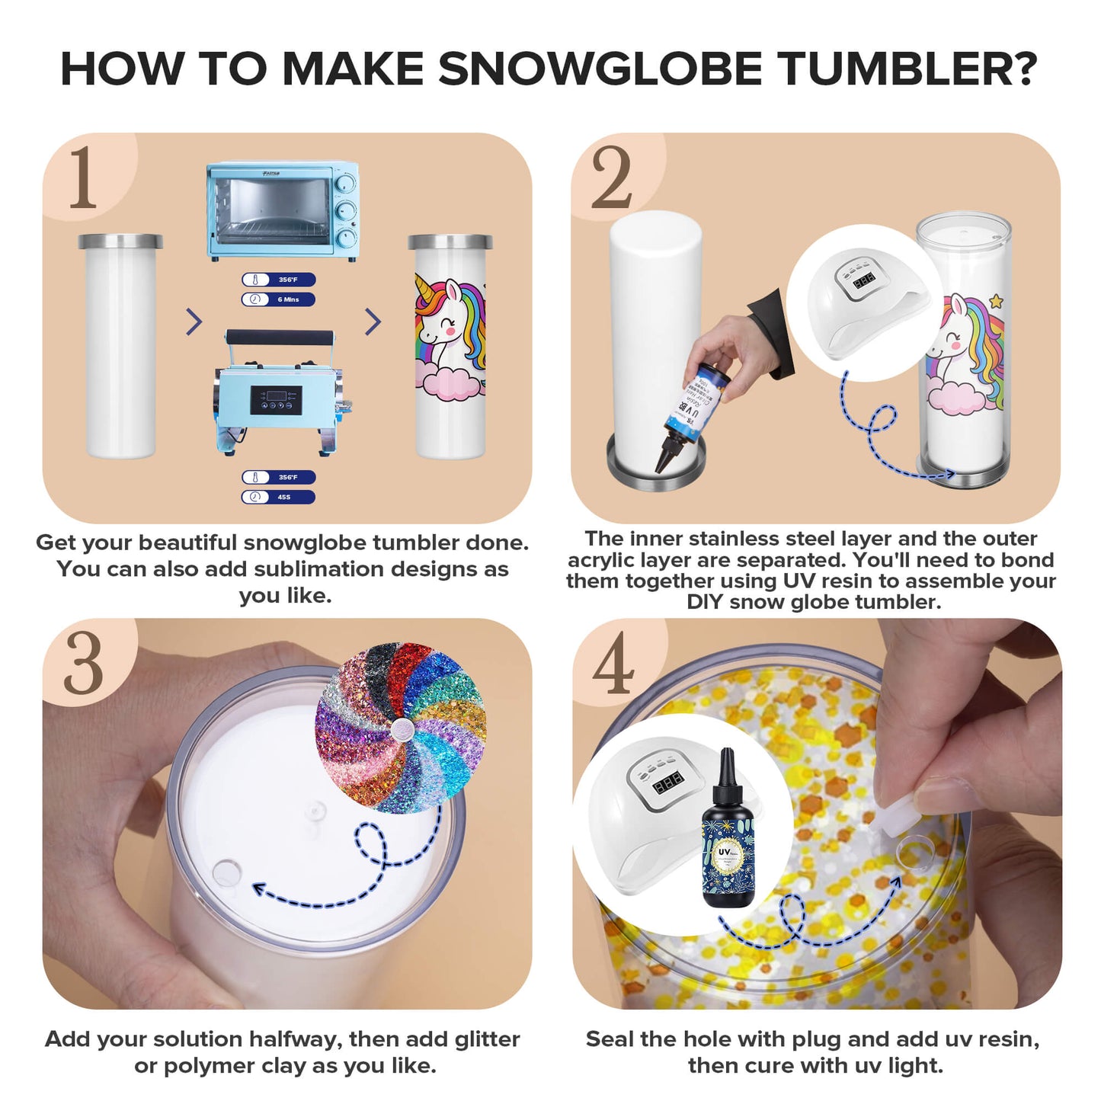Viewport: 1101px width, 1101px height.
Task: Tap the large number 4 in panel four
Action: (613, 664)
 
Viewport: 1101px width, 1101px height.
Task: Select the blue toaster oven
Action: (282, 210)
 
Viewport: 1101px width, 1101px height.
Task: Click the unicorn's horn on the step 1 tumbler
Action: (425, 289)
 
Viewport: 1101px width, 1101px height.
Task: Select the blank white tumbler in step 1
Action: (120, 347)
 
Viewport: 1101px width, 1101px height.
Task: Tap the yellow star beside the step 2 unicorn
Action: (997, 302)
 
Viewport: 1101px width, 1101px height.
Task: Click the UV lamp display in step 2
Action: (863, 282)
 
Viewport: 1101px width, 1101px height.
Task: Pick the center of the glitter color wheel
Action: (399, 731)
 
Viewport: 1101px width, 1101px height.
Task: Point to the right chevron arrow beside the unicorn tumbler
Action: (373, 322)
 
